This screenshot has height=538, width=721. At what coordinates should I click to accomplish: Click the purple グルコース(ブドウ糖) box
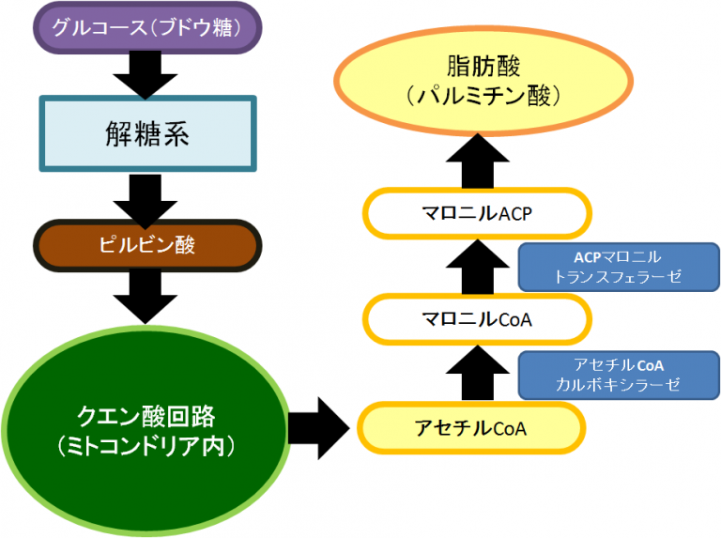tap(146, 29)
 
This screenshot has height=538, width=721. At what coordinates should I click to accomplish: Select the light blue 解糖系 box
tap(146, 133)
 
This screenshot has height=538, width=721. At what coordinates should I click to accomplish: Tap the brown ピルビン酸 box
tap(146, 246)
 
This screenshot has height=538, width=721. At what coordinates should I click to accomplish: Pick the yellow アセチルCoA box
tap(470, 428)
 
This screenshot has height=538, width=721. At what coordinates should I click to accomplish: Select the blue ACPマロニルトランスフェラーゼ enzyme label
tap(617, 267)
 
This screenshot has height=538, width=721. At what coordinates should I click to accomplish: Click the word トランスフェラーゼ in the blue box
tap(617, 277)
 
